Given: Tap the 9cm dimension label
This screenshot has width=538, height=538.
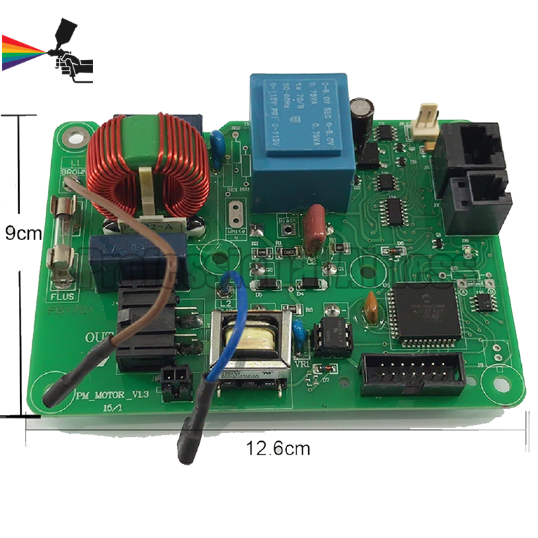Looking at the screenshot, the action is click(x=23, y=233).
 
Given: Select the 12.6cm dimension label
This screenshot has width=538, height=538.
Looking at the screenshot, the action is click(x=278, y=448).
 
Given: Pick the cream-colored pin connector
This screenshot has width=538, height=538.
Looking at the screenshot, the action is click(x=427, y=120).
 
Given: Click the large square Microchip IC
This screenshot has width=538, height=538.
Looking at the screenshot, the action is click(x=425, y=310).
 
